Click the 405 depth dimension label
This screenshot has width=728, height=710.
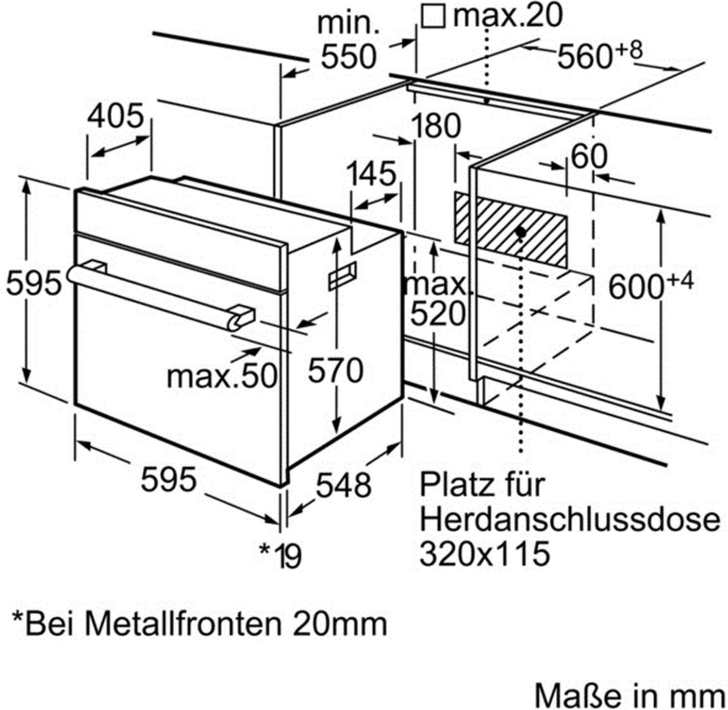pyautogui.click(x=116, y=117)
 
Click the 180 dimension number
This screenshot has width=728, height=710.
pyautogui.click(x=435, y=126)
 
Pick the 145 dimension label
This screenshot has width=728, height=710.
pyautogui.click(x=371, y=174)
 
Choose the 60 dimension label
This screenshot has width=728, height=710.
pyautogui.click(x=589, y=156)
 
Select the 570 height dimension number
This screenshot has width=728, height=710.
pyautogui.click(x=336, y=371)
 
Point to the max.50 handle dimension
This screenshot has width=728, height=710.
pyautogui.click(x=222, y=376)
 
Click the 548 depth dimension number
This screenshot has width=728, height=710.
pyautogui.click(x=344, y=485)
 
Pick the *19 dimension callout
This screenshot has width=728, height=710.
pyautogui.click(x=281, y=555)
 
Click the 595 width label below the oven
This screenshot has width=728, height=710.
pyautogui.click(x=169, y=479)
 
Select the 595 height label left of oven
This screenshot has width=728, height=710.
pyautogui.click(x=34, y=283)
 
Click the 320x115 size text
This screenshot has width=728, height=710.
pyautogui.click(x=485, y=554)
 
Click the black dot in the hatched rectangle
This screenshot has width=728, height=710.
pyautogui.click(x=521, y=233)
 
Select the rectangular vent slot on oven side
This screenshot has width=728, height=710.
pyautogui.click(x=343, y=275)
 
